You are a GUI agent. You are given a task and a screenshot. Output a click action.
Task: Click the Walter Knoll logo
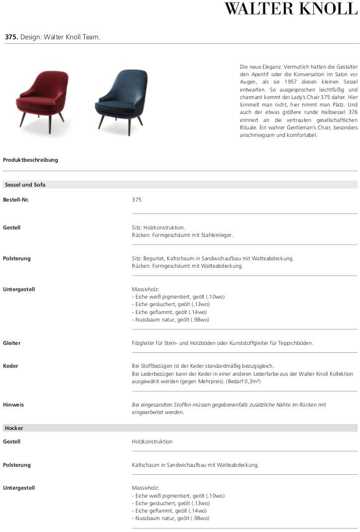(291, 9)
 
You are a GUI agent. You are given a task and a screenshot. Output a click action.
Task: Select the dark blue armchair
(121, 97)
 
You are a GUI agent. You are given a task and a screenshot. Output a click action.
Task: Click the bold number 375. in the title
(11, 37)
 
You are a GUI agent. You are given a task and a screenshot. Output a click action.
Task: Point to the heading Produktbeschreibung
(30, 160)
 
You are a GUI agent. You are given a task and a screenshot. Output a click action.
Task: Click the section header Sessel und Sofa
(25, 185)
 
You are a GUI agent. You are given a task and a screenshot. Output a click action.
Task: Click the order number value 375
(137, 200)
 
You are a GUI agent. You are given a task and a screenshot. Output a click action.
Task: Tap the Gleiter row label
(12, 343)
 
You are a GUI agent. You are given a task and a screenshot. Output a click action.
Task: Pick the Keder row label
(11, 366)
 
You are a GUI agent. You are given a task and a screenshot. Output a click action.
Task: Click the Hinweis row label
(13, 405)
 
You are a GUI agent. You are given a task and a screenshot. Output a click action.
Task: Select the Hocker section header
(14, 428)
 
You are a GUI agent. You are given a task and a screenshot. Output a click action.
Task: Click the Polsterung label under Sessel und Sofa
(17, 258)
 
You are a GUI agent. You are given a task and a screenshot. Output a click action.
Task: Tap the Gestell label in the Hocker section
(12, 441)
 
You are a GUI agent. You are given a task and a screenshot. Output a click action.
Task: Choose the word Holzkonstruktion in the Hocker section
(152, 441)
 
